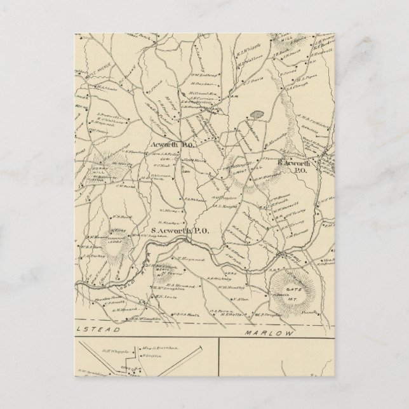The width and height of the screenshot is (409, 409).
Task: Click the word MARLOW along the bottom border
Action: coord(262,333)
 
